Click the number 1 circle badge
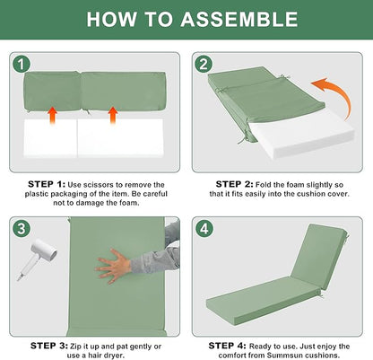[22, 64]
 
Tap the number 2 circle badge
[204, 65]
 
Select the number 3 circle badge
[22, 229]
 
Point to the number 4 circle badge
[204, 229]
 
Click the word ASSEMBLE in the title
[239, 20]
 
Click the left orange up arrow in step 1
[52, 116]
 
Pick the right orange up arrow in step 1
[113, 116]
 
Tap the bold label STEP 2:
[234, 184]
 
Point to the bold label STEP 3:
[49, 347]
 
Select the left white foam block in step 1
[50, 138]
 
